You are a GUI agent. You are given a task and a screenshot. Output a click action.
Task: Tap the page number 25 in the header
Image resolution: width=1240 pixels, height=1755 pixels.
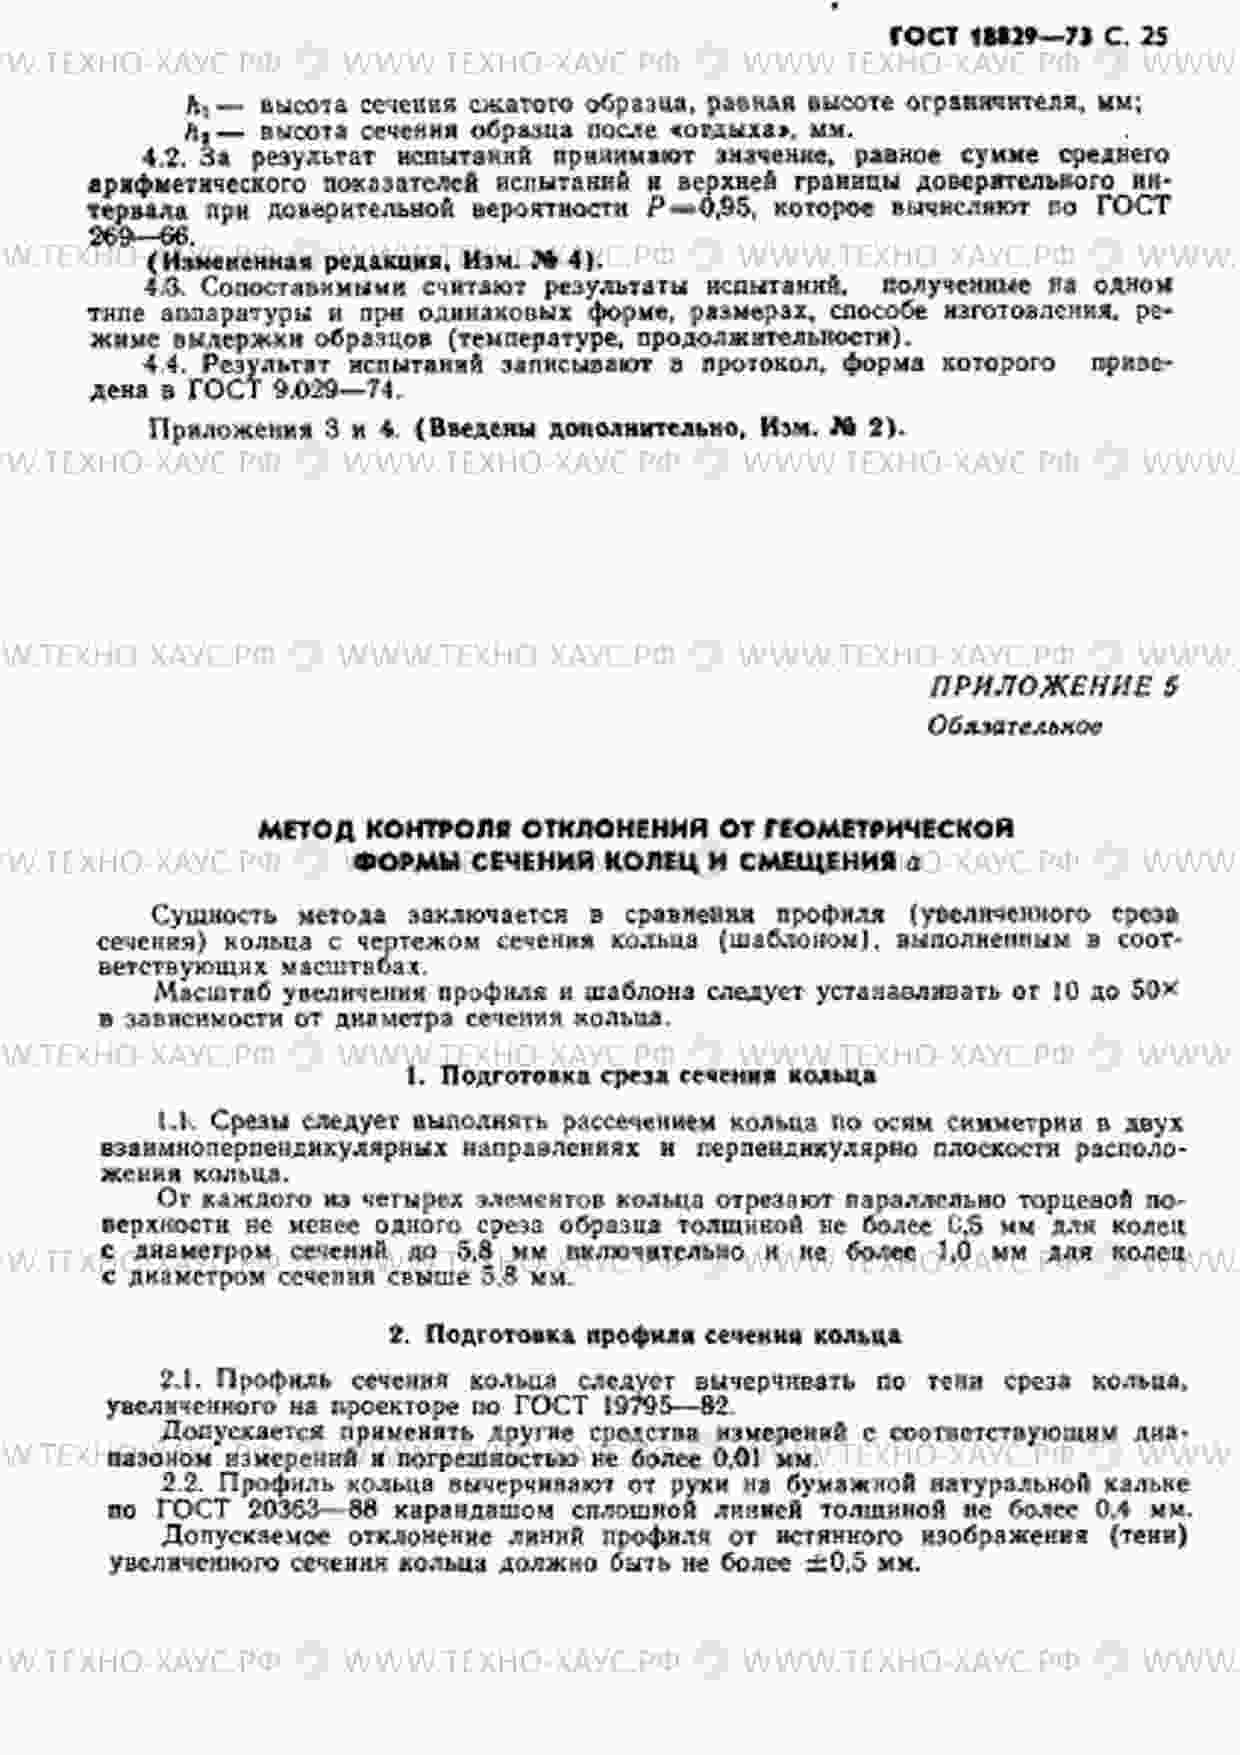pos(1153,37)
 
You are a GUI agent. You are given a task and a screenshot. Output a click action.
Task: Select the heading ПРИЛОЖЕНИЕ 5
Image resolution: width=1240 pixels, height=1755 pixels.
pos(1054,687)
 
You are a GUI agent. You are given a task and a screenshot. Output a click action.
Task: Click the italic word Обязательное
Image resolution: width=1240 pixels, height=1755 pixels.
pos(1014,726)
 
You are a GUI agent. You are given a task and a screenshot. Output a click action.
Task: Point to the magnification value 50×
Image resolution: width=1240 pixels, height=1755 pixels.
pos(1155,992)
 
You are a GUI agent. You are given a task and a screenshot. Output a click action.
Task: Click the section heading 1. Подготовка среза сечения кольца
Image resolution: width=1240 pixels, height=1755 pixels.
pos(641,1076)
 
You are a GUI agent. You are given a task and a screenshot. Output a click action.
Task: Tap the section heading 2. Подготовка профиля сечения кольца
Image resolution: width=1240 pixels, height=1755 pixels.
pos(645,1335)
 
